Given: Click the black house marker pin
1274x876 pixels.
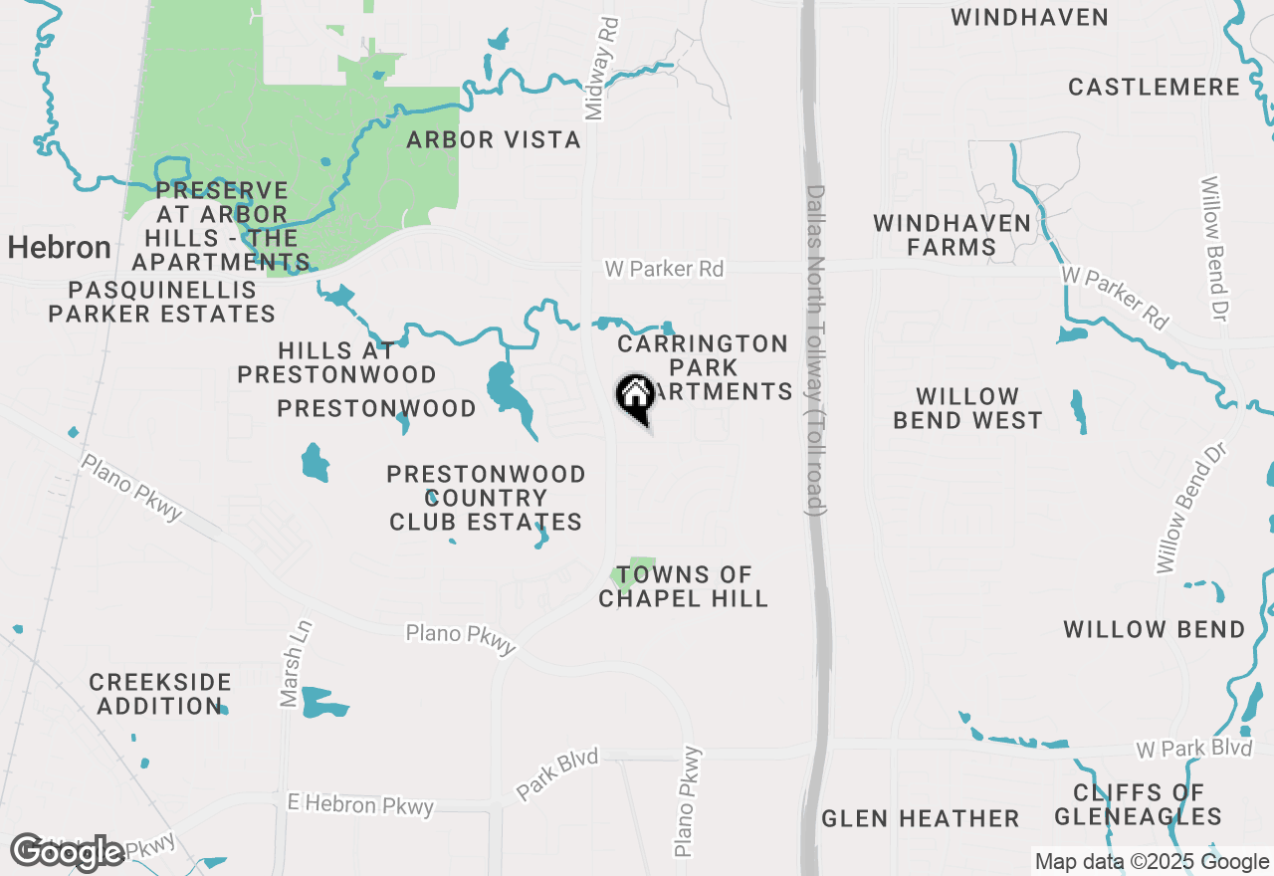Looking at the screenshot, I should click(x=635, y=395).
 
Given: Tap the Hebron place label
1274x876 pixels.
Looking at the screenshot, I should click(x=60, y=248).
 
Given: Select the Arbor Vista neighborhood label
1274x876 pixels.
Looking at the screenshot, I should click(x=494, y=140).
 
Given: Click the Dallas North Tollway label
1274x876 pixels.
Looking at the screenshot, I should click(x=815, y=348).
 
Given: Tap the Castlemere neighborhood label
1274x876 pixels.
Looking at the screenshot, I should click(x=1154, y=88).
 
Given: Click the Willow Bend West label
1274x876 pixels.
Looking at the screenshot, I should click(x=967, y=409).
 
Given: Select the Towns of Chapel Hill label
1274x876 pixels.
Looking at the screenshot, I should click(x=684, y=586).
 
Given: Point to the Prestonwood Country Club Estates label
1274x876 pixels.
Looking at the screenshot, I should click(x=486, y=498).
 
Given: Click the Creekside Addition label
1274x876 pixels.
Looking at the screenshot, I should click(x=159, y=694).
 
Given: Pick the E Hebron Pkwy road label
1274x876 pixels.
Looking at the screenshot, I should click(x=360, y=804).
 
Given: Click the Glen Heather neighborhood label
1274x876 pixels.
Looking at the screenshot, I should click(x=921, y=819).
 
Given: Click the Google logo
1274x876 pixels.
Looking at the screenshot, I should click(x=67, y=852).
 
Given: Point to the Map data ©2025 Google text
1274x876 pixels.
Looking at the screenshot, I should click(x=1152, y=862).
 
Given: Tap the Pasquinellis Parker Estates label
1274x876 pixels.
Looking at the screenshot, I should click(x=162, y=303).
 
